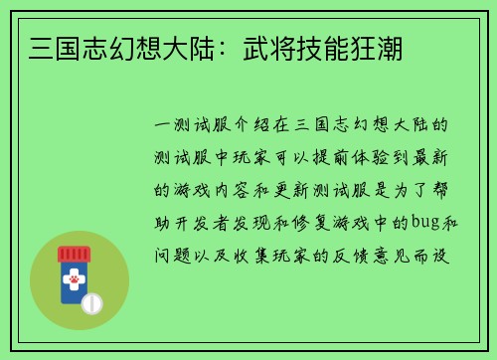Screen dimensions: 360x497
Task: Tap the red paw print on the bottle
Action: tap(74, 281)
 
